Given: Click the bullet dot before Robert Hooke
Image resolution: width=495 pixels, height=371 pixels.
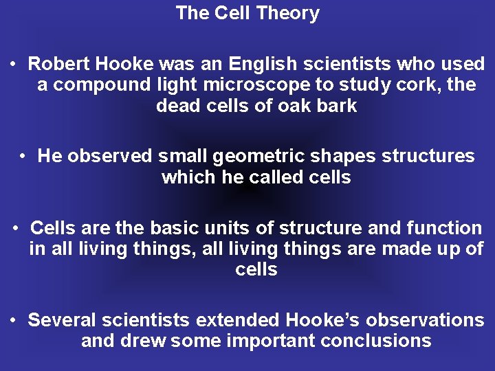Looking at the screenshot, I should coord(14,65).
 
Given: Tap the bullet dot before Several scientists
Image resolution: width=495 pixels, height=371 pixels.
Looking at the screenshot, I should coord(14,320).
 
